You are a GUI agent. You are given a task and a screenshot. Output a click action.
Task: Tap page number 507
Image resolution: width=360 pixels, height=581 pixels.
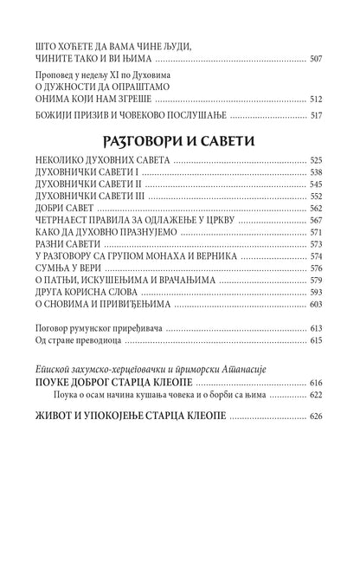[316, 60]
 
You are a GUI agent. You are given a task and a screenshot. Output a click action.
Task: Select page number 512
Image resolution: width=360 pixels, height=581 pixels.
[316, 100]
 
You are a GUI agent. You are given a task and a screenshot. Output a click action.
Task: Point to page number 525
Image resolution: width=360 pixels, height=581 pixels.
[316, 162]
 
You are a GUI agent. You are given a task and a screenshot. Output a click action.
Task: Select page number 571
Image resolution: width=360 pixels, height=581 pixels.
[316, 233]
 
